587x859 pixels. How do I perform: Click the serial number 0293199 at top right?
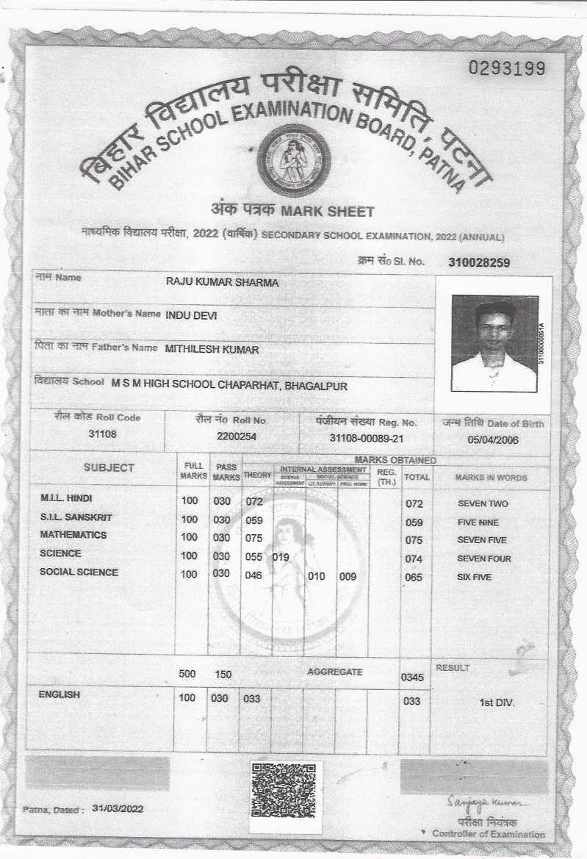(x=507, y=69)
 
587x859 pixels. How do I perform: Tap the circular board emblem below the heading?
(x=293, y=160)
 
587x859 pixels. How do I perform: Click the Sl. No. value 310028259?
(x=479, y=262)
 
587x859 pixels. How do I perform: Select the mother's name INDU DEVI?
(x=192, y=315)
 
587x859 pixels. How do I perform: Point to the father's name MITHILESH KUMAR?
(x=212, y=350)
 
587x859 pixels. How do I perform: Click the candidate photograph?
(x=494, y=342)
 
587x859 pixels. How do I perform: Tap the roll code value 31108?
(x=102, y=434)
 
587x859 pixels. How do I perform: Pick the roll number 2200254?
(x=232, y=436)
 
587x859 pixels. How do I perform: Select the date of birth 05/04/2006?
(x=492, y=440)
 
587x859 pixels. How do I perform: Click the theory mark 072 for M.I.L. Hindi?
(x=254, y=501)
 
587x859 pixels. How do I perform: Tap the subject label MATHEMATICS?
(x=73, y=535)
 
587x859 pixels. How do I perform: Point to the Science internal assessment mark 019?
(x=281, y=557)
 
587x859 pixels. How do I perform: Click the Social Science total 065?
(x=414, y=578)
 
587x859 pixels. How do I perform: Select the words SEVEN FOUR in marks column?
(x=483, y=559)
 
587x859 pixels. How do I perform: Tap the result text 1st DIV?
(x=497, y=702)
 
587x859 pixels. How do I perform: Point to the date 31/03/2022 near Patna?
(x=118, y=808)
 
